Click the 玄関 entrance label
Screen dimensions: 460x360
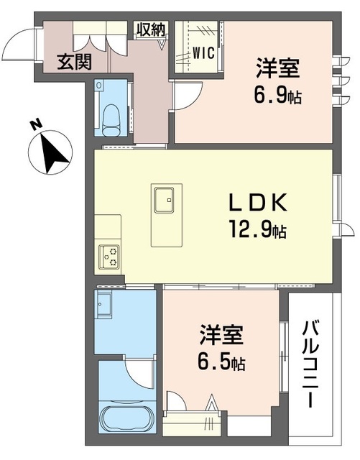(75, 63)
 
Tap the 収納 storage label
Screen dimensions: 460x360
(152, 29)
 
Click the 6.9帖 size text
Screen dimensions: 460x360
(277, 96)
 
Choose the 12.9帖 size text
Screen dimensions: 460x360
(258, 231)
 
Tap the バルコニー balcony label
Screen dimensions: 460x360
(311, 365)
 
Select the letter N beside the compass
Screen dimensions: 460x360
(34, 126)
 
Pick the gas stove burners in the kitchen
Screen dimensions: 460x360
(109, 255)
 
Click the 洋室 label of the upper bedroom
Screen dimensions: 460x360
(277, 70)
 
